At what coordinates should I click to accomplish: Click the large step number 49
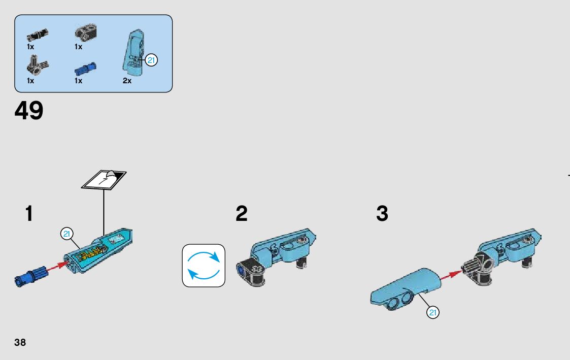click(x=29, y=111)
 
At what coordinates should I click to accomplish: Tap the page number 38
click(x=20, y=342)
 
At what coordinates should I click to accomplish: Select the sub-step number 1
click(x=29, y=214)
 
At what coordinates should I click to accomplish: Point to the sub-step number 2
click(x=242, y=214)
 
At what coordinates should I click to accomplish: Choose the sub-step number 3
click(x=382, y=214)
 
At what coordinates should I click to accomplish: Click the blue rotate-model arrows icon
click(x=204, y=266)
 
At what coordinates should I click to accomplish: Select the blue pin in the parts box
click(x=85, y=68)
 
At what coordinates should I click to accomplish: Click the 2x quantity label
click(x=127, y=81)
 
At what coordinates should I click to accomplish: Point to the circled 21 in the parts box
click(x=151, y=60)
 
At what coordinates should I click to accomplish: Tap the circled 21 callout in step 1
click(x=66, y=234)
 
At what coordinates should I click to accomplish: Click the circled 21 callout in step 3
click(x=432, y=312)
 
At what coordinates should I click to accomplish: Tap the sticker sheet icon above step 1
click(x=104, y=179)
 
